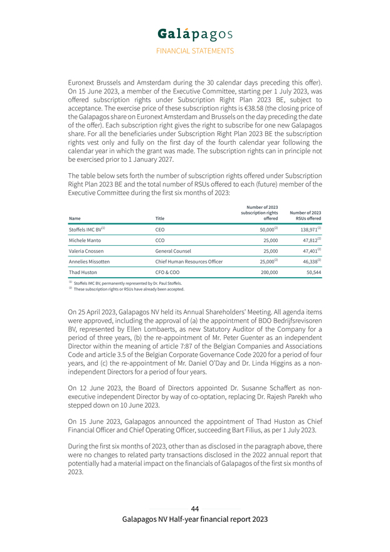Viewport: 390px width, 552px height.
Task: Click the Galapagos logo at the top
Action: [x=194, y=33]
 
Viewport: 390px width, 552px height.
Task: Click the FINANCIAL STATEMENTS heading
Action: [x=194, y=51]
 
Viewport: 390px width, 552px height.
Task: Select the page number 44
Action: [x=195, y=508]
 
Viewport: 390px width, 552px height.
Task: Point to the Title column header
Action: [x=160, y=218]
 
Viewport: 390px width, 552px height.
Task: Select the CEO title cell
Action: [x=160, y=230]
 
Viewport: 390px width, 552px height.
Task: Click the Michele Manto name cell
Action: [x=85, y=241]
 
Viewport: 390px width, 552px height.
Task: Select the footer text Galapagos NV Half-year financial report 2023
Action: [x=195, y=519]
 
